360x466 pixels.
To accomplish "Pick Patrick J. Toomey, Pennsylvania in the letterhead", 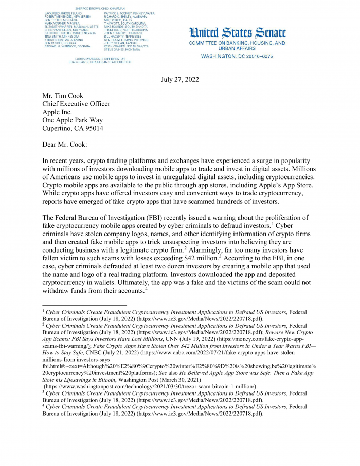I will pos(129,13).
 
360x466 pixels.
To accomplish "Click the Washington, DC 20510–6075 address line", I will pos(237,56).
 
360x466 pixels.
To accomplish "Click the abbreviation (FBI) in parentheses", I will pos(152,217).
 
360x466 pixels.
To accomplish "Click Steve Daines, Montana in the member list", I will pos(121,49).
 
